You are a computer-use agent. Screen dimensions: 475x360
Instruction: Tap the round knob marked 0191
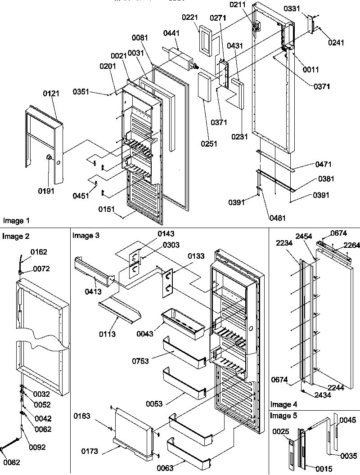48,157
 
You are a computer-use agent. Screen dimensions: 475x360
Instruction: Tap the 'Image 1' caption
16,220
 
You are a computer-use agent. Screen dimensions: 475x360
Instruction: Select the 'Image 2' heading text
16,236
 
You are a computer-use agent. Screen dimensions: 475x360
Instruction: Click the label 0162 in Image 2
39,252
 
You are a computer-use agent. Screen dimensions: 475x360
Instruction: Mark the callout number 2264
351,245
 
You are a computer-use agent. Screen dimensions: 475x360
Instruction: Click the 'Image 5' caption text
283,416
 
